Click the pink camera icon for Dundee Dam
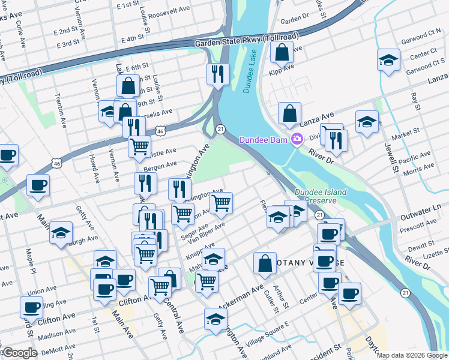tap(297, 140)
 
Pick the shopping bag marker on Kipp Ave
tap(282, 53)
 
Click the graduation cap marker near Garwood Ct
tap(388, 61)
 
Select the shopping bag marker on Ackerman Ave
tap(265, 263)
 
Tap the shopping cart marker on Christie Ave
tap(139, 145)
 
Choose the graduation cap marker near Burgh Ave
tap(61, 233)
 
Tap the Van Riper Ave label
tap(206, 233)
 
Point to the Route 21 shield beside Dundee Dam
tap(220, 129)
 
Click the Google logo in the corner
tap(19, 353)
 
